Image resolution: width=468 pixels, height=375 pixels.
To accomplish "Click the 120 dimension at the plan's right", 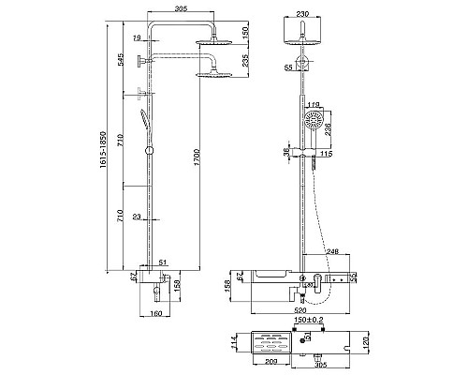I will coord(368,344).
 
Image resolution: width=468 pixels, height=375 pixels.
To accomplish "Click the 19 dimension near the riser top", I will coord(137,37).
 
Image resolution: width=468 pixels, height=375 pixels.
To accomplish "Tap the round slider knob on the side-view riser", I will coord(149,151).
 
